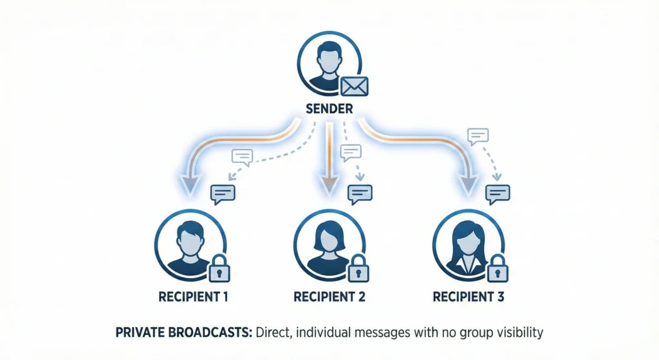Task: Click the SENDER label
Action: click(x=328, y=109)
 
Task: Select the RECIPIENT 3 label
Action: click(x=468, y=298)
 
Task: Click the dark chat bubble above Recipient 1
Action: click(x=223, y=193)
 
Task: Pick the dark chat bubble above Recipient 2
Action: click(x=360, y=193)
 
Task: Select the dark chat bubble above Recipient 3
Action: click(x=497, y=193)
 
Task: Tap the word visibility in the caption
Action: click(x=518, y=333)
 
